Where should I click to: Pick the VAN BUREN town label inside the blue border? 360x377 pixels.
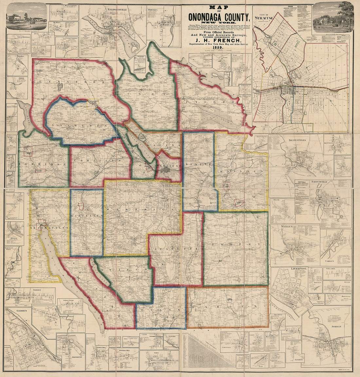pos(80,126)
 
